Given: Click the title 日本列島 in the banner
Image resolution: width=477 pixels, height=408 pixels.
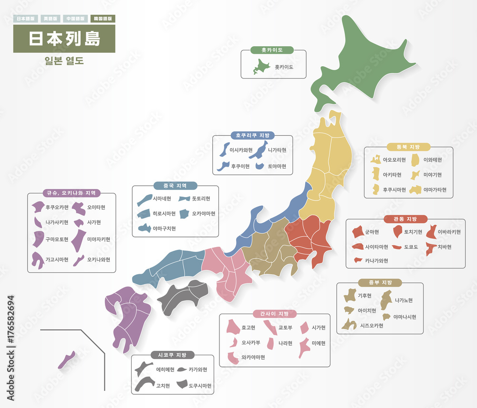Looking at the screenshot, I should coord(64,39).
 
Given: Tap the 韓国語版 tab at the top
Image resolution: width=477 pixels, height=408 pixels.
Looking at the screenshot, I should coord(103,19).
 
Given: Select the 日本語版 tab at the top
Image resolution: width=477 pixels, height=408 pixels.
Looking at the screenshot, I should coord(25,19).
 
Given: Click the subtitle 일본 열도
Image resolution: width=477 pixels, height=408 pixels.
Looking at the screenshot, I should coord(63,61).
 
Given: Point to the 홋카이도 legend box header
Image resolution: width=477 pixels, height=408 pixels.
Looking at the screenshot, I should coord(272,50).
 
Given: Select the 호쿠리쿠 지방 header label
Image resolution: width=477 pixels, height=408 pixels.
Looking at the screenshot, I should coord(252,136).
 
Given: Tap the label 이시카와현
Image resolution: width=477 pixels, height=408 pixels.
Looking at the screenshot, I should coord(241,150).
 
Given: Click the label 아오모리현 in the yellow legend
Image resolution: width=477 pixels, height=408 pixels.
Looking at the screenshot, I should coord(394,159).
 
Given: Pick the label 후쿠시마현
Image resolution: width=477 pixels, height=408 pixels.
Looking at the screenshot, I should coord(394,189).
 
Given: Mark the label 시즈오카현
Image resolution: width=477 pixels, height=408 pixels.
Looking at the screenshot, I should coord(372,326).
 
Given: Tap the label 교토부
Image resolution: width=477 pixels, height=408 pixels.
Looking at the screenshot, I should coord(285,328).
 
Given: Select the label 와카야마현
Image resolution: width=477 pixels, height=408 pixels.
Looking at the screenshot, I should coord(253,357).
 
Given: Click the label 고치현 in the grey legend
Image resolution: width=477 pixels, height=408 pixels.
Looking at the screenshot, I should coord(163,386).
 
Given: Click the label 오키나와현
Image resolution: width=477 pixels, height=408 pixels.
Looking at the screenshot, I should coord(98,259).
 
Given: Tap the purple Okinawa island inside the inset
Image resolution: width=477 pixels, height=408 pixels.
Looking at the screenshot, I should coord(66,360).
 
